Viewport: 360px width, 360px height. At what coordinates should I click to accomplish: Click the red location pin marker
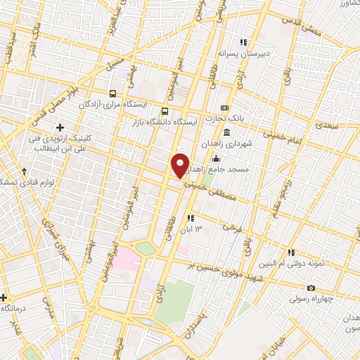pyautogui.click(x=180, y=165)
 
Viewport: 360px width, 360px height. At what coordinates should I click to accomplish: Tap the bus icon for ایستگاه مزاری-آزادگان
pyautogui.click(x=112, y=94)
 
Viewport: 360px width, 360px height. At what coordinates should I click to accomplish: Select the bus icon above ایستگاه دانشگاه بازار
pyautogui.click(x=165, y=111)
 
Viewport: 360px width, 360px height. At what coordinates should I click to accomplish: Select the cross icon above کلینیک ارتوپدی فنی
pyautogui.click(x=60, y=127)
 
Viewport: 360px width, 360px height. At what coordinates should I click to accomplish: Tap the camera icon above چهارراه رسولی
pyautogui.click(x=311, y=288)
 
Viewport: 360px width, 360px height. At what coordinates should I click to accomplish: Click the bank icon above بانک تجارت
pyautogui.click(x=225, y=107)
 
